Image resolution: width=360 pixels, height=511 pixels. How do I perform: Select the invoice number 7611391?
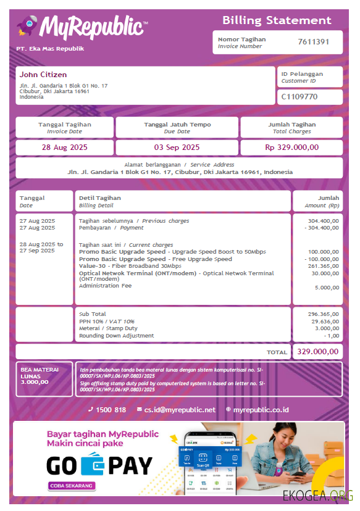point(313,42)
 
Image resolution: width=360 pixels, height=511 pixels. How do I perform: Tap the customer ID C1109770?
point(299,97)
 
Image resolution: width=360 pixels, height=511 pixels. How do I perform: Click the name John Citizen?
point(43,75)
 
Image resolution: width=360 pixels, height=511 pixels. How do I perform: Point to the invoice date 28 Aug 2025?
point(65,147)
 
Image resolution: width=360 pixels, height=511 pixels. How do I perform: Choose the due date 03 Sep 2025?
point(177,147)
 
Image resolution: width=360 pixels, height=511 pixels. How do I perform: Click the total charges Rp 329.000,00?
point(291,147)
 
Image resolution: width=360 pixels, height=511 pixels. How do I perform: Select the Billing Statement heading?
point(277,20)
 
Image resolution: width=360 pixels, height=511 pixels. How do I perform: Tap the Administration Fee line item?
point(105,286)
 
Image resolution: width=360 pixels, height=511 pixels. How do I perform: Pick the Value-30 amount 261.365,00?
point(323,266)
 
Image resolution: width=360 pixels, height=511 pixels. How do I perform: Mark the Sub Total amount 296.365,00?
point(323,314)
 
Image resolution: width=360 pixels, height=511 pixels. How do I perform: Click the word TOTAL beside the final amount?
point(277,352)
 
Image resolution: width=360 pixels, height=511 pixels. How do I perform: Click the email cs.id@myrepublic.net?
point(180,410)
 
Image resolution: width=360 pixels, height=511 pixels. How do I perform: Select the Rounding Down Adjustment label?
point(117,336)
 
